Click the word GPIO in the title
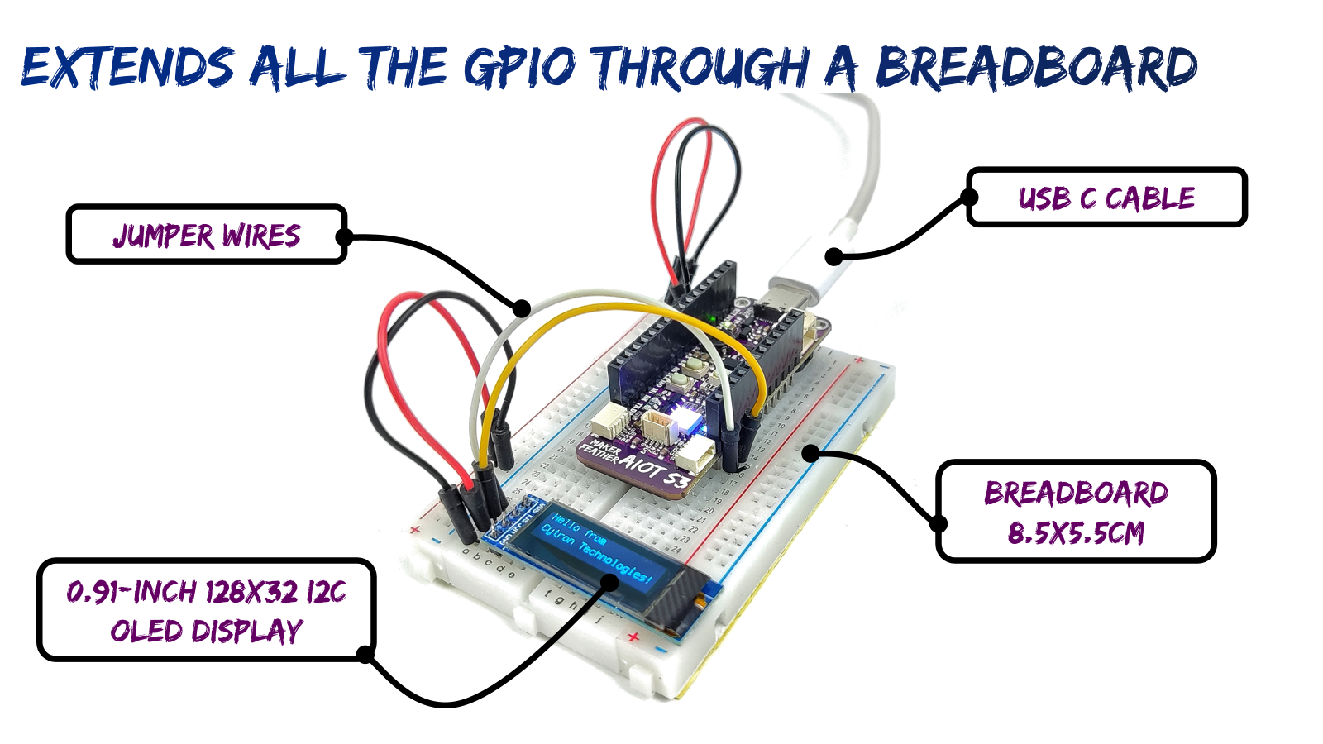[x=519, y=66]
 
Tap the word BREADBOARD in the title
[x=1036, y=66]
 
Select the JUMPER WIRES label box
[x=207, y=236]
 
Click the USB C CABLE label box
[x=1106, y=198]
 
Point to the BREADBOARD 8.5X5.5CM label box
[x=1076, y=512]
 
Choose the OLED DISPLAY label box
[x=207, y=611]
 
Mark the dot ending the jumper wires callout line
[x=521, y=308]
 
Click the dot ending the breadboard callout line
[x=811, y=453]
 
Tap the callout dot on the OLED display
[x=609, y=582]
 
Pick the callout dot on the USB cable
[x=833, y=256]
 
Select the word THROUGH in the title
[x=702, y=66]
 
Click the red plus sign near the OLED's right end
[x=633, y=637]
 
